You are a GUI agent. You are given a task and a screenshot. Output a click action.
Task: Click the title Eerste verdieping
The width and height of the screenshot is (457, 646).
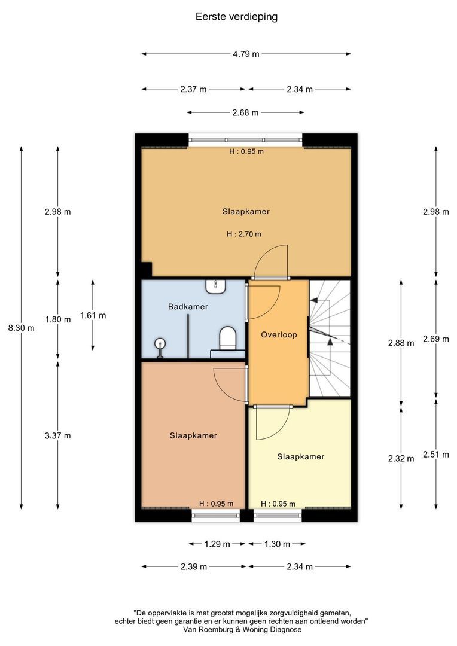coord(236,17)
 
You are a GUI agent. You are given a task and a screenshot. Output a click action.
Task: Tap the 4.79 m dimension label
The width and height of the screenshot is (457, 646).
coord(246,54)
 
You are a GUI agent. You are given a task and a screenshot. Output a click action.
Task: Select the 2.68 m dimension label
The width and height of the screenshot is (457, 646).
coord(245,113)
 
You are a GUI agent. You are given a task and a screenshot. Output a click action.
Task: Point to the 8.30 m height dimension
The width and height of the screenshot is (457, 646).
coord(22,328)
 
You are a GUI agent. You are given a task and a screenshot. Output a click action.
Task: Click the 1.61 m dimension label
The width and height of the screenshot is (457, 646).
coord(93,316)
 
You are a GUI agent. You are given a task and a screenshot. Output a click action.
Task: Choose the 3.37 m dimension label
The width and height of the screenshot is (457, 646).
coord(58,436)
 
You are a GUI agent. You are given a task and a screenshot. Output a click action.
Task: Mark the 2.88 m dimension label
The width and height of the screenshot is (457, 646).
coord(401,343)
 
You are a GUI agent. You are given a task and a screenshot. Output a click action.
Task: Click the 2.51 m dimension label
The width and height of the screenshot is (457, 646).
coord(436,455)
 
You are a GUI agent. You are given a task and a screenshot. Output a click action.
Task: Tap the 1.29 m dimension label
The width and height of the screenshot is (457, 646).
coord(217,544)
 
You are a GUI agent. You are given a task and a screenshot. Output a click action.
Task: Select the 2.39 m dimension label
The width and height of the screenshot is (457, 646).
coord(194,567)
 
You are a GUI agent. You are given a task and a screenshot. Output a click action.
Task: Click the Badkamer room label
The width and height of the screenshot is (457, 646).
coord(188,307)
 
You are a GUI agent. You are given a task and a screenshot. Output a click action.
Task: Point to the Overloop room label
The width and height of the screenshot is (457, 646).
coord(279,335)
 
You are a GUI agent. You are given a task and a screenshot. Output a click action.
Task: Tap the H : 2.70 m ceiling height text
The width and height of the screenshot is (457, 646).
coord(244,234)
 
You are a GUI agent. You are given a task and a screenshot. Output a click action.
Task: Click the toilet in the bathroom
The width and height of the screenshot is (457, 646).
coord(227,339)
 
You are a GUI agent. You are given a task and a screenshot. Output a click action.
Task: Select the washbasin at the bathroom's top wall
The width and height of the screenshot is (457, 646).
coord(216,287)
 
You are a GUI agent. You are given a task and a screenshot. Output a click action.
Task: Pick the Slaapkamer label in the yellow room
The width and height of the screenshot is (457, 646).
coord(301,457)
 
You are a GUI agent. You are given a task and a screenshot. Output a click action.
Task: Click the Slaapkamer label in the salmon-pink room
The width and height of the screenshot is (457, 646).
coord(193,436)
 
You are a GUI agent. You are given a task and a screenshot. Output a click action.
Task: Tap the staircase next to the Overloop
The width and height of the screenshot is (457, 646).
coord(330,339)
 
